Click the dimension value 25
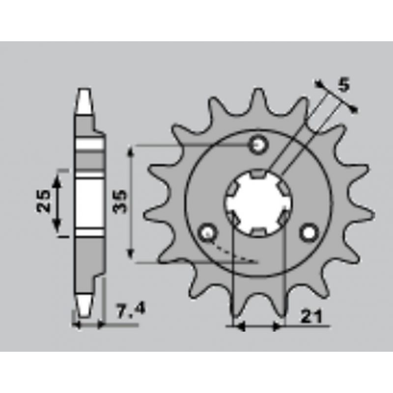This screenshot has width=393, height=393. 43,201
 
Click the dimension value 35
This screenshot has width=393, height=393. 119,202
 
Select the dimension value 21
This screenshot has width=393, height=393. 311,317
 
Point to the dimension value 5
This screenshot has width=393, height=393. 344,84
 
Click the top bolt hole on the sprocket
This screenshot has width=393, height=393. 258,144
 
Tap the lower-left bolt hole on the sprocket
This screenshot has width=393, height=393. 207,233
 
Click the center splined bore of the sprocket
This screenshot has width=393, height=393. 258,202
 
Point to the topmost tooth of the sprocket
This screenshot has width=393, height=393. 258,100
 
